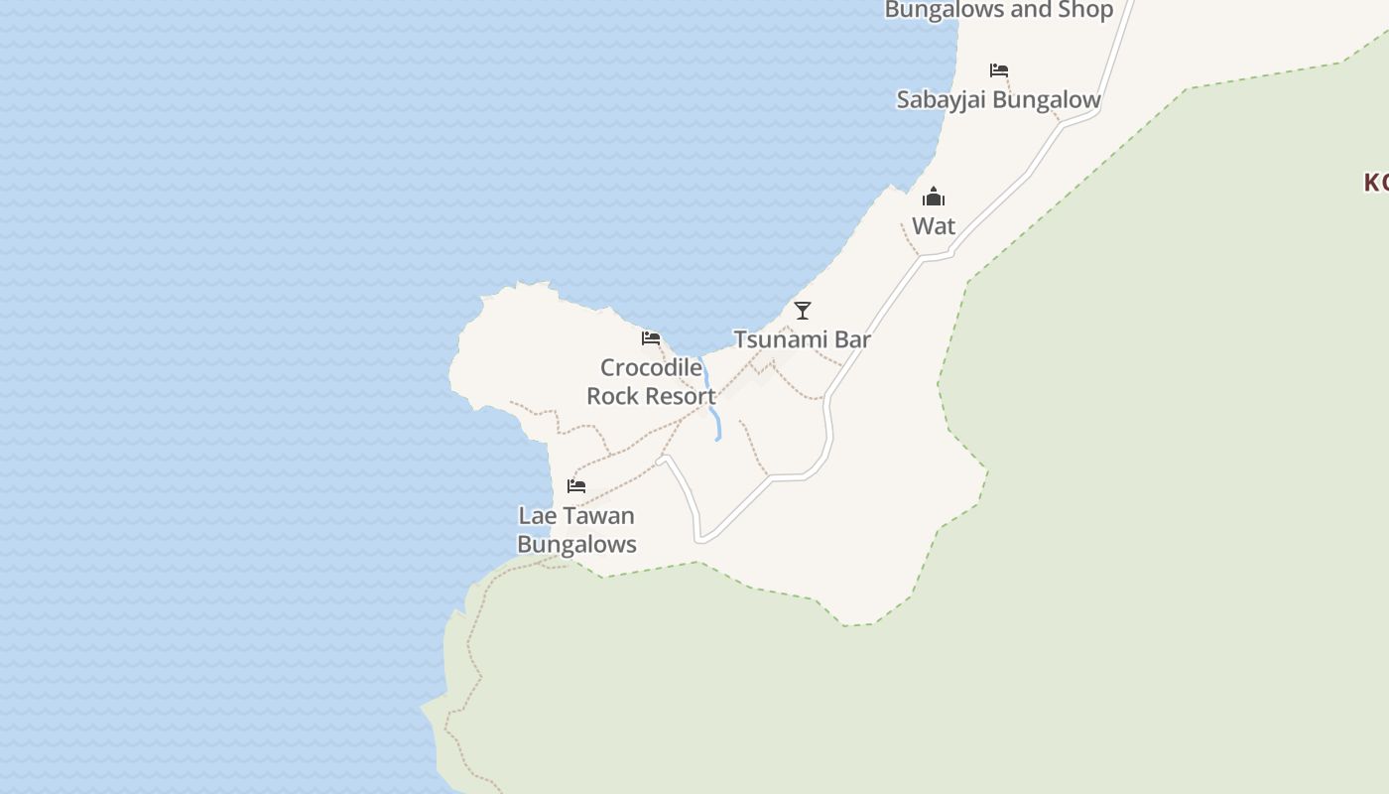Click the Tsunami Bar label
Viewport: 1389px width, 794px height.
point(802,339)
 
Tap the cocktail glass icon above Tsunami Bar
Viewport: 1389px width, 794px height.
point(803,311)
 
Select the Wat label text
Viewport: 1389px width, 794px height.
point(934,226)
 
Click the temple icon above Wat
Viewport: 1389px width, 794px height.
point(934,197)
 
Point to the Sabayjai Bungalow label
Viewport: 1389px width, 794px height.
point(998,100)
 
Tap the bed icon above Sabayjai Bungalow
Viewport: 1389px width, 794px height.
point(999,70)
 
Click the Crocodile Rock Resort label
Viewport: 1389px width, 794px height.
point(651,382)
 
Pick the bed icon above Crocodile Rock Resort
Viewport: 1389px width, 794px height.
point(651,338)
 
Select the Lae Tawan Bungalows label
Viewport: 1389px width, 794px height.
point(576,530)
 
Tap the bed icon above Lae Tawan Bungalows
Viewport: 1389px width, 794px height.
point(576,486)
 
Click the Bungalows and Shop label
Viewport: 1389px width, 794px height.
point(998,11)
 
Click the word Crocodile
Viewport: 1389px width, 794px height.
point(651,368)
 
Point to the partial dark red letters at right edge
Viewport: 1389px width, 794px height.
point(1376,183)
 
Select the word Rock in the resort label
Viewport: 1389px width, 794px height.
point(610,396)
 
